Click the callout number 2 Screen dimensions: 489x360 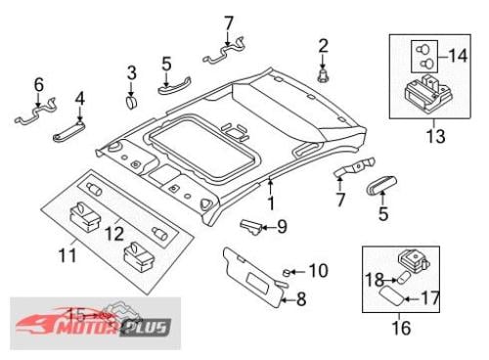pyautogui.click(x=323, y=46)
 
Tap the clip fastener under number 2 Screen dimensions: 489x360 pyautogui.click(x=323, y=75)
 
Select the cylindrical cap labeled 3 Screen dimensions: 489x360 pyautogui.click(x=131, y=102)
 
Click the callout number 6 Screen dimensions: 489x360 pyautogui.click(x=39, y=85)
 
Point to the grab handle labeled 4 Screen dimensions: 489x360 pyautogui.click(x=69, y=132)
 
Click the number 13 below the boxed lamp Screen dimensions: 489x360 pyautogui.click(x=436, y=136)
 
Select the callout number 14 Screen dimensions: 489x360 pyautogui.click(x=458, y=56)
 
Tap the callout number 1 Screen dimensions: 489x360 pyautogui.click(x=271, y=202)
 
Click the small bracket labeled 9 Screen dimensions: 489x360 pyautogui.click(x=250, y=226)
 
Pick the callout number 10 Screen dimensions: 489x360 pyautogui.click(x=318, y=271)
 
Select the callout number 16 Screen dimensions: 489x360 pyautogui.click(x=401, y=328)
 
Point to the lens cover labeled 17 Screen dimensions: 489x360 pyautogui.click(x=393, y=293)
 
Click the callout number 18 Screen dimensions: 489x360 pyautogui.click(x=374, y=280)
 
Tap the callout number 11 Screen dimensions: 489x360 pyautogui.click(x=67, y=255)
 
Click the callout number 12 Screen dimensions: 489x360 pyautogui.click(x=114, y=234)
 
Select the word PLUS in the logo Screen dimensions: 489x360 pyautogui.click(x=146, y=327)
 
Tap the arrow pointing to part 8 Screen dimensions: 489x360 pyautogui.click(x=288, y=299)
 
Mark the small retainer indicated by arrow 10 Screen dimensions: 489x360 pyautogui.click(x=287, y=272)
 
